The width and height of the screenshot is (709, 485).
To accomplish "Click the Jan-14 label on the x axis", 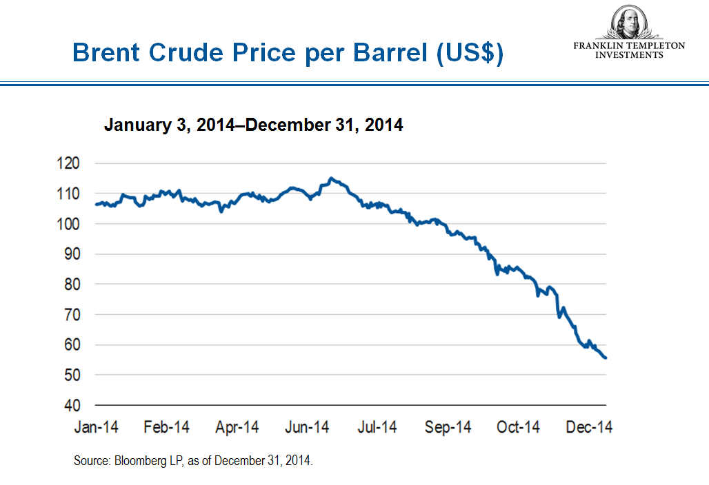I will click(x=96, y=427).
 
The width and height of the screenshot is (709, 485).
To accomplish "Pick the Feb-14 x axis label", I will click(x=166, y=427).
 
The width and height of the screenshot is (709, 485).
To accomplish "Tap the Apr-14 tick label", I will click(x=237, y=427).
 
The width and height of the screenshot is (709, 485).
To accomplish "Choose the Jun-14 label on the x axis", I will click(x=307, y=427).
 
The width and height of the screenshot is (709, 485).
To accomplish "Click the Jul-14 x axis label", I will click(x=377, y=427).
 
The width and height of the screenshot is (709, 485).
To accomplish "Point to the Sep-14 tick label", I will click(x=448, y=427).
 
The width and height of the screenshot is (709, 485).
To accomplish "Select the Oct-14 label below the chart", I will click(x=518, y=427).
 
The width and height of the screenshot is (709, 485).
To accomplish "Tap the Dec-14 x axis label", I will click(x=588, y=427).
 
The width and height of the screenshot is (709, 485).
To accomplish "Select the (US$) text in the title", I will click(x=469, y=53).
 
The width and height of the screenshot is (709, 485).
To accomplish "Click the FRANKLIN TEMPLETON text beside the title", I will click(x=629, y=45).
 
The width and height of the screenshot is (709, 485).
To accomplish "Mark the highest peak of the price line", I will click(x=331, y=178).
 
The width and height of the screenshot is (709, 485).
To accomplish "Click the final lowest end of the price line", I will click(x=605, y=358).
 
